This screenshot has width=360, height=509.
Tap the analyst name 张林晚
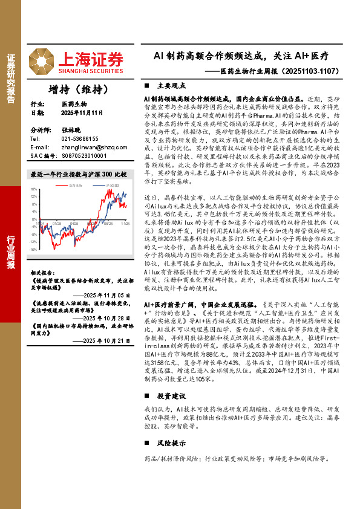70,130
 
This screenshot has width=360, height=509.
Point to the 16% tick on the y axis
34,189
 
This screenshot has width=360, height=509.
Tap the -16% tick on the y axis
34,248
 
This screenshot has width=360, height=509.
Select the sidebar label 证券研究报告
11,77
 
